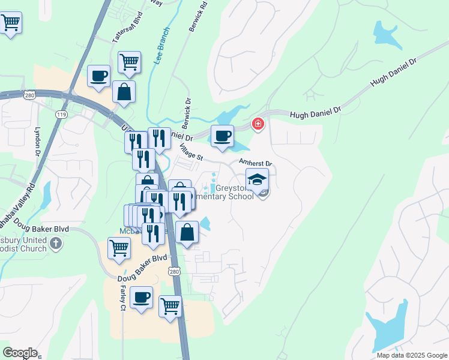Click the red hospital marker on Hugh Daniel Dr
[258, 124]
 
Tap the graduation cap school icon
[257, 179]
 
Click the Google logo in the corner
[20, 353]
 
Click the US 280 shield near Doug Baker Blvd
[174, 272]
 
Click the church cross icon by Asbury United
[56, 243]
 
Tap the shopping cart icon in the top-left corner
[10, 23]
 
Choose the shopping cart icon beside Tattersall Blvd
[129, 61]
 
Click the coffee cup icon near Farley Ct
[142, 297]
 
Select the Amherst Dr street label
[256, 163]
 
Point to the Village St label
[193, 155]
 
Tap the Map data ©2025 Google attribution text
[412, 355]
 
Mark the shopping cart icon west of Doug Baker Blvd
[119, 247]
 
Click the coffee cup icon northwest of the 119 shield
[99, 76]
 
